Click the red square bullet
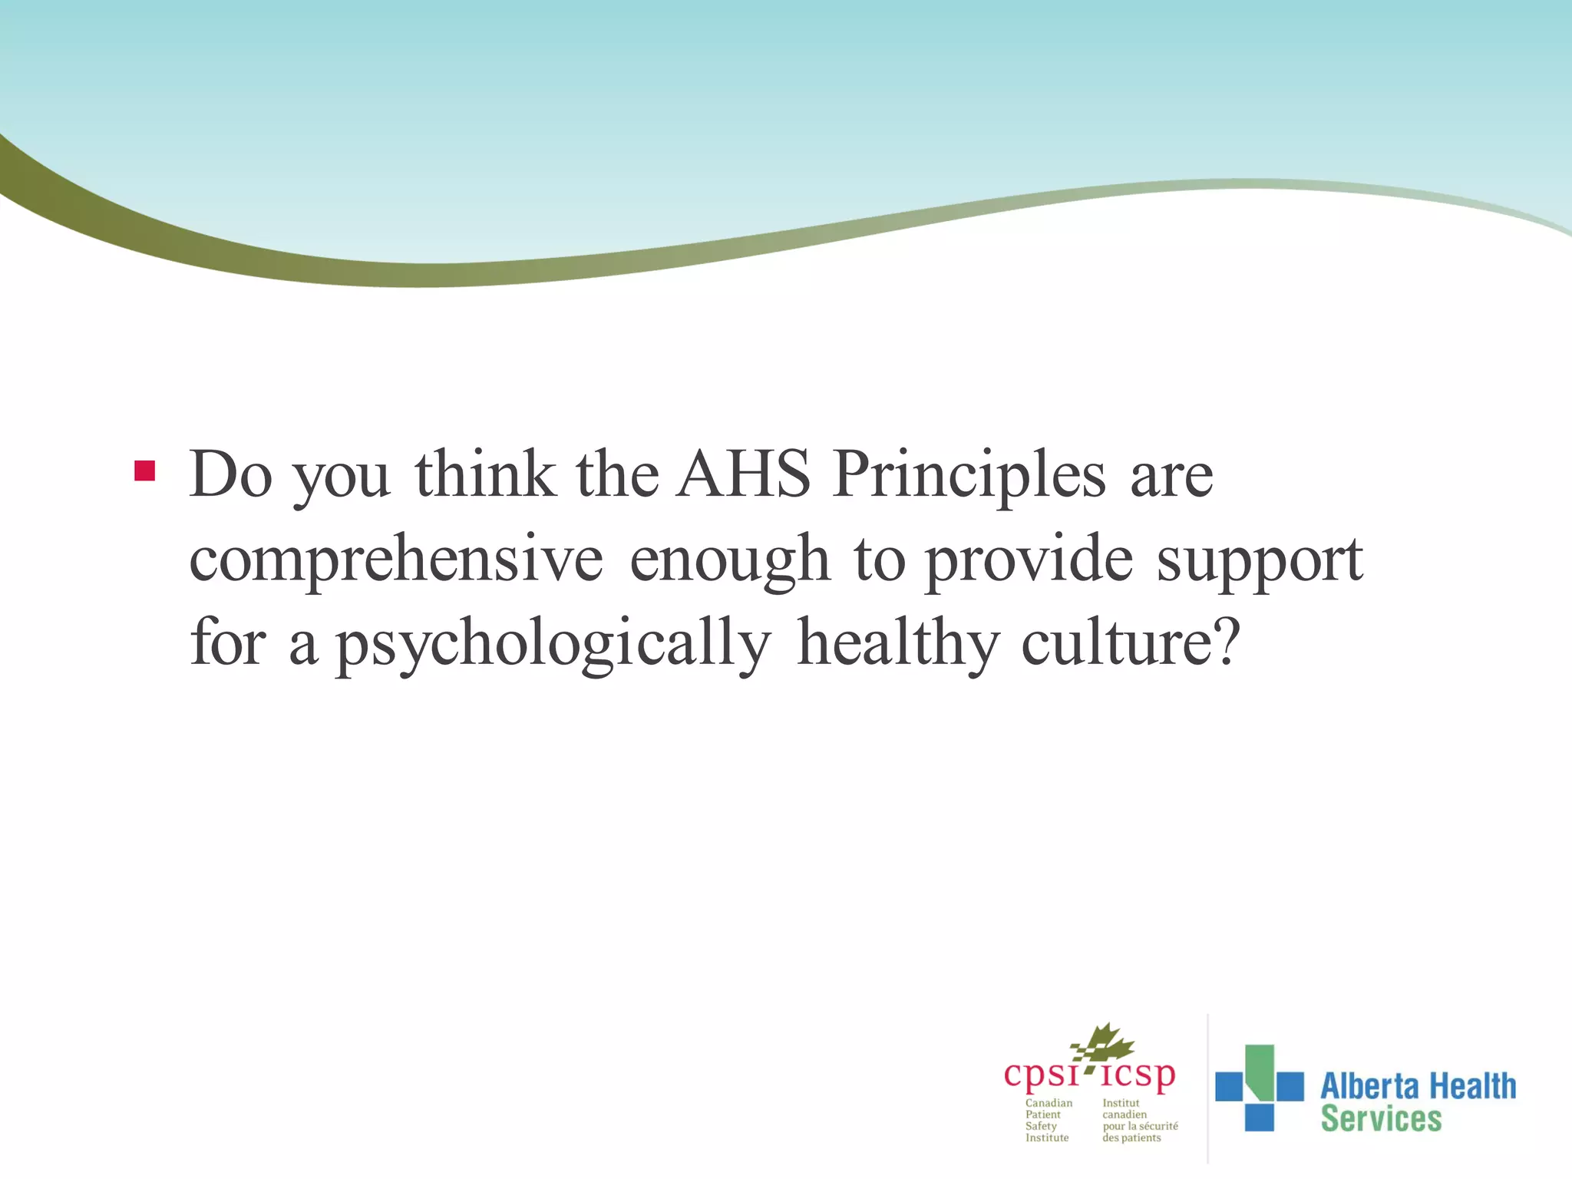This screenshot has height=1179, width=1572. [144, 471]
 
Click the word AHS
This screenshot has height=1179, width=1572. [744, 474]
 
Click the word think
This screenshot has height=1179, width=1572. [485, 474]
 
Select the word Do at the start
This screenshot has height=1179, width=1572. [230, 474]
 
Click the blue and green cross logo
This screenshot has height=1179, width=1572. [1259, 1087]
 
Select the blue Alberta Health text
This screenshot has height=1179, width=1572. [1418, 1086]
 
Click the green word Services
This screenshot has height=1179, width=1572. [1381, 1119]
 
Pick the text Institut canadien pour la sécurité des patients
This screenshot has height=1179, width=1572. [1139, 1121]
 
